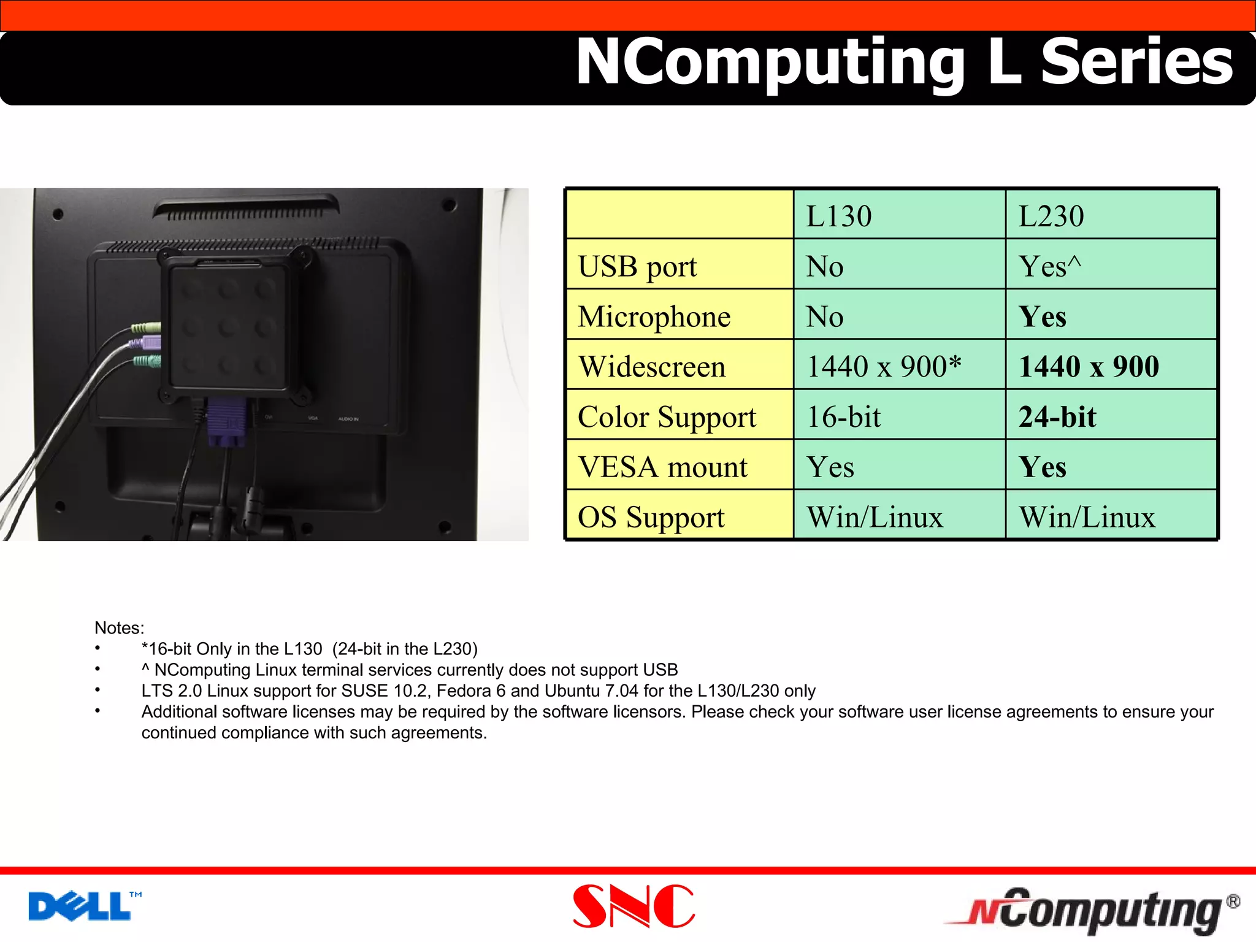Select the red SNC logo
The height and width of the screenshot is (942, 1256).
(x=634, y=906)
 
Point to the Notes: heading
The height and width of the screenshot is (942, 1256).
(x=119, y=628)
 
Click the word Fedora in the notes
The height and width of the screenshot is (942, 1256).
(x=464, y=691)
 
